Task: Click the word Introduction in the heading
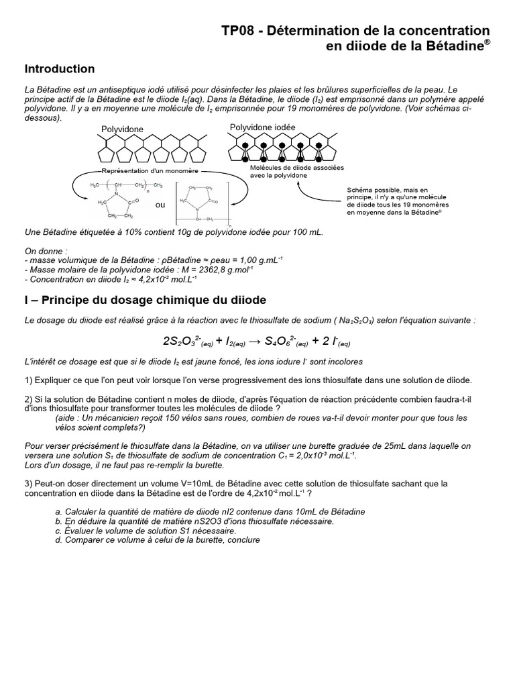tap(59, 69)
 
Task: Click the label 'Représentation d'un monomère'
tap(156, 171)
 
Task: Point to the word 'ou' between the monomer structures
tap(160, 205)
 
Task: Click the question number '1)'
tap(28, 380)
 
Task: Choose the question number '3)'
tap(28, 483)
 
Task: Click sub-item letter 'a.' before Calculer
tap(59, 511)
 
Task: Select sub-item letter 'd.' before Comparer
tap(59, 539)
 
